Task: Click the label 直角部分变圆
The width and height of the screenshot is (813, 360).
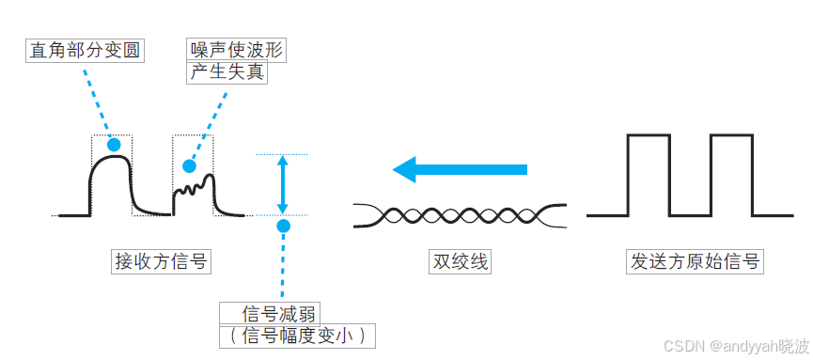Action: [85, 50]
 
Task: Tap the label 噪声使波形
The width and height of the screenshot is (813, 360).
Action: [236, 50]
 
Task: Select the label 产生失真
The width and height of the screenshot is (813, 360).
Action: [227, 72]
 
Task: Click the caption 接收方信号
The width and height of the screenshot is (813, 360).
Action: [161, 261]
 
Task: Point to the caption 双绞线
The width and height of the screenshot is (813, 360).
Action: [460, 261]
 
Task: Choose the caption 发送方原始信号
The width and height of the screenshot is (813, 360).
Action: [694, 261]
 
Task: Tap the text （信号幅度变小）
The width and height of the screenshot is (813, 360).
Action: [297, 336]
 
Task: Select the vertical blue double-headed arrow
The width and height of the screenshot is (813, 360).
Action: [283, 184]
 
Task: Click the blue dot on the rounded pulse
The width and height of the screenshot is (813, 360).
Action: [114, 145]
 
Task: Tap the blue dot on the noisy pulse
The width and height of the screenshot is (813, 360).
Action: [189, 166]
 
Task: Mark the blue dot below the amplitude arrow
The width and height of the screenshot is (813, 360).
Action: [283, 226]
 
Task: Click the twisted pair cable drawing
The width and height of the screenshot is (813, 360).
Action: [460, 215]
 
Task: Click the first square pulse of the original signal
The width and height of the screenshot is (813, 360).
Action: [648, 175]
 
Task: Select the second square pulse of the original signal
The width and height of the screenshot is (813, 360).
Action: [731, 175]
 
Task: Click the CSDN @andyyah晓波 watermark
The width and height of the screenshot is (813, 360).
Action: [735, 346]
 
